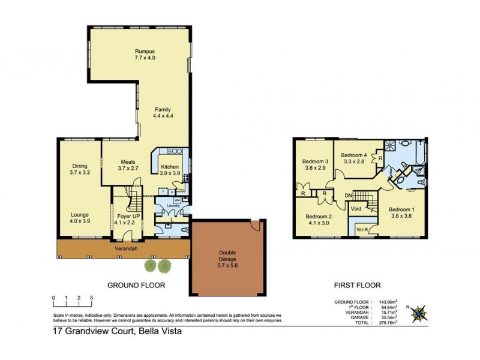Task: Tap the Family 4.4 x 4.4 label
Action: (x=163, y=113)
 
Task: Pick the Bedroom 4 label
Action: (x=354, y=157)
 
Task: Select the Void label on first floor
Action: (x=357, y=209)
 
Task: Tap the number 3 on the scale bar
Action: (x=91, y=297)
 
